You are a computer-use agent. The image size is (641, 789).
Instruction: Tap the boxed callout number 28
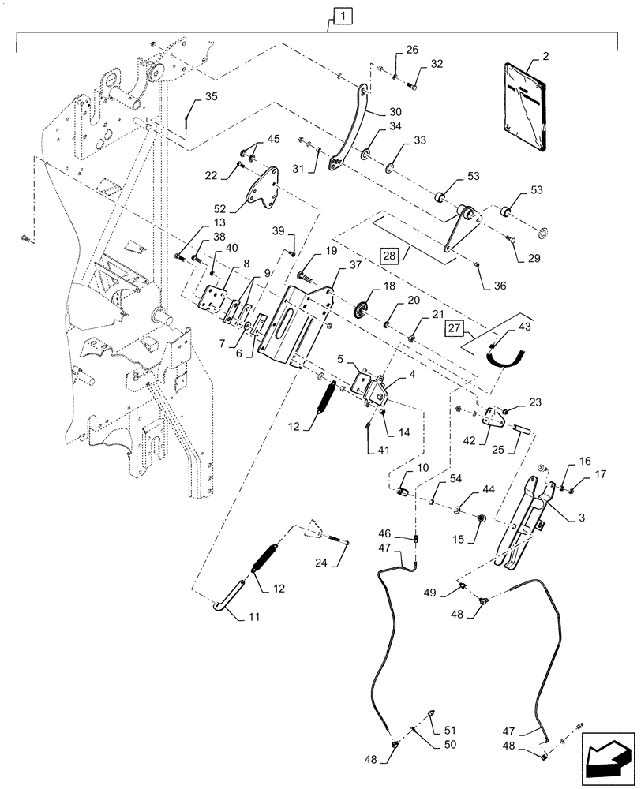pyautogui.click(x=389, y=255)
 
